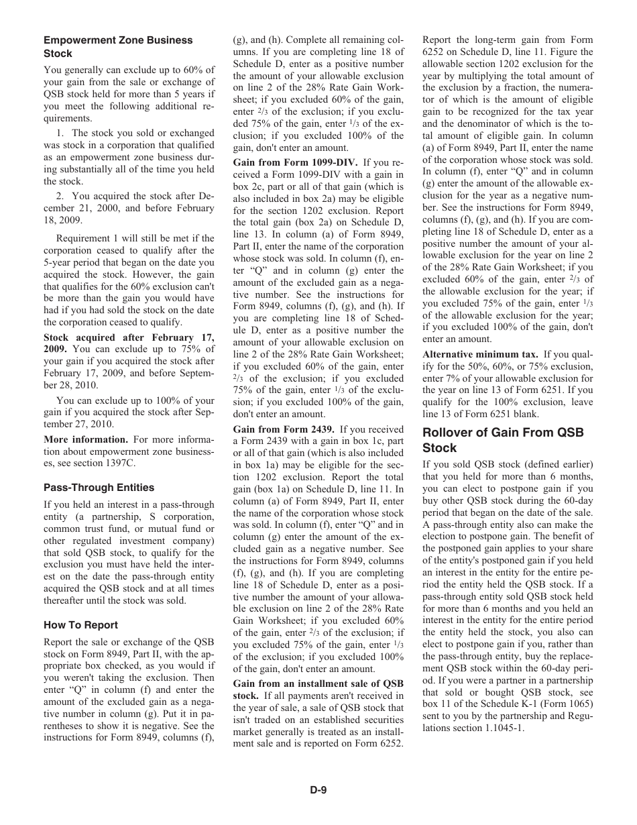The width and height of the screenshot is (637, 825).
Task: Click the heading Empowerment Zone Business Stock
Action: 118,47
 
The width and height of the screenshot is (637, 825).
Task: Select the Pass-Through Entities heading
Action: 99,488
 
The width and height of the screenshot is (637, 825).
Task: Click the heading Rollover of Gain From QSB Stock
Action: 503,440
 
